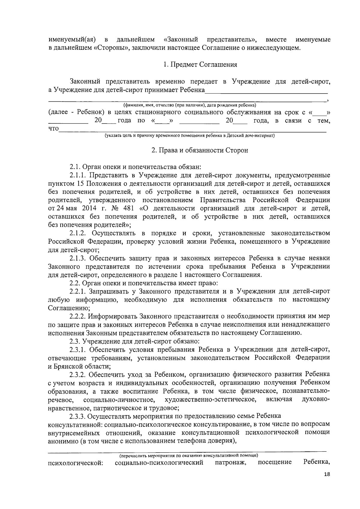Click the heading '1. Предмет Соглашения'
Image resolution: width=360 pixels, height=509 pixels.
click(x=200, y=64)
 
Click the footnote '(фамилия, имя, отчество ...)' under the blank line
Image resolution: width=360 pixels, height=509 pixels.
click(x=190, y=105)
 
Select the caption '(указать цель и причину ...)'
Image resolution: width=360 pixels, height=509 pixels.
click(x=190, y=136)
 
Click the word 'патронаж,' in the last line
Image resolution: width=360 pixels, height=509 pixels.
click(x=231, y=463)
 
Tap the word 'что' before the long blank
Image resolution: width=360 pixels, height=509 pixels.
click(x=54, y=129)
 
